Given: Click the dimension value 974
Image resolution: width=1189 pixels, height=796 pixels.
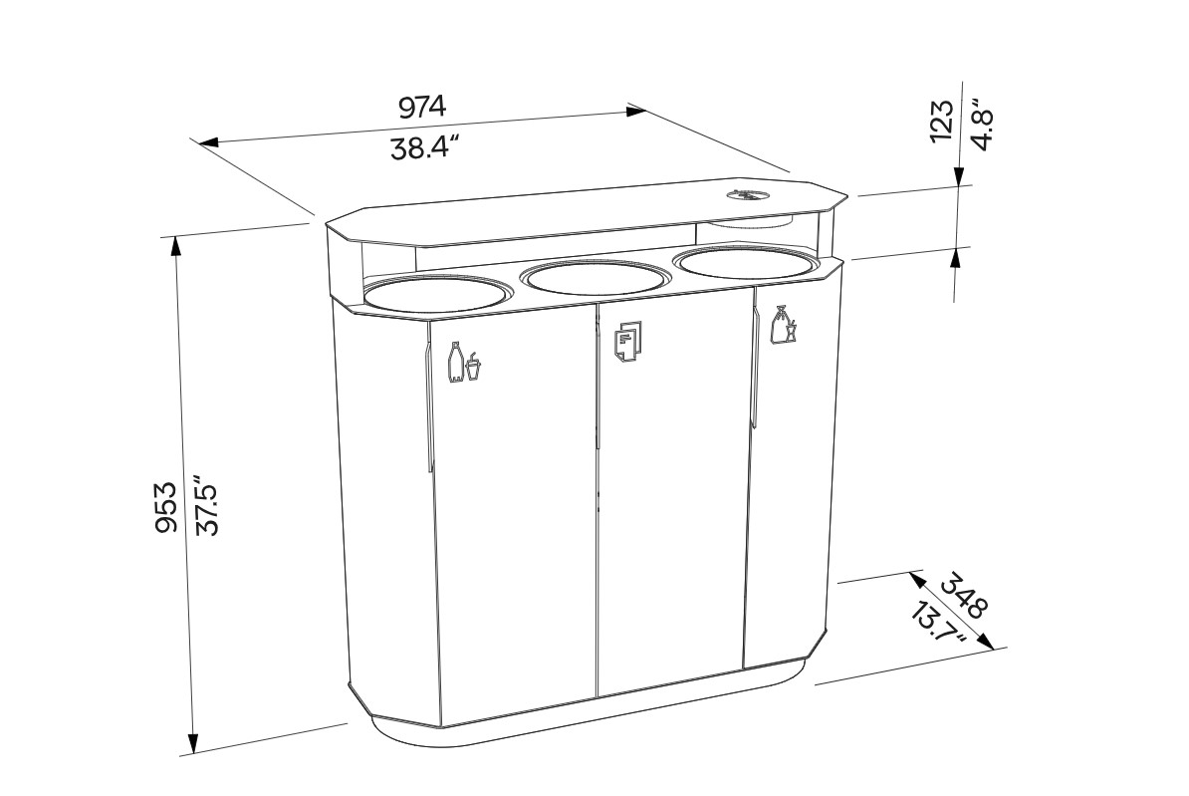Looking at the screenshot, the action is (422, 107).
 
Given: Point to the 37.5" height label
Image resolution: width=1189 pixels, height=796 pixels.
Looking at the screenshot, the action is (207, 506).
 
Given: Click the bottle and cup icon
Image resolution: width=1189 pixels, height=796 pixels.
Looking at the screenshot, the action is (464, 362).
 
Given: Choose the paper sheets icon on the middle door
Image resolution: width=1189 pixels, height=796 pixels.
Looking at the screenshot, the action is (628, 342).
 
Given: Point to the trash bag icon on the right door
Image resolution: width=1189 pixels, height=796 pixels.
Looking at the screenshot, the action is (784, 325).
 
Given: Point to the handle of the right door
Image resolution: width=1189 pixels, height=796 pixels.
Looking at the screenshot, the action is (755, 368).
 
